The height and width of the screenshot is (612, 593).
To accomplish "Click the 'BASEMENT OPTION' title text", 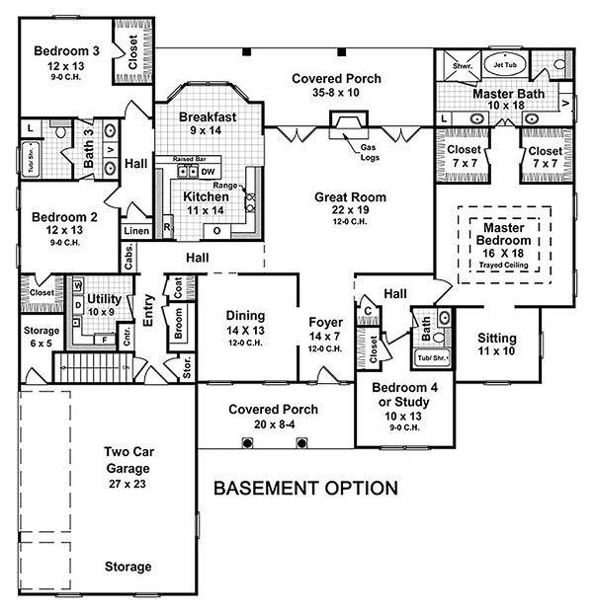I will click(306, 488).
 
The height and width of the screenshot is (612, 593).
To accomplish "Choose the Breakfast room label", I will click(209, 116).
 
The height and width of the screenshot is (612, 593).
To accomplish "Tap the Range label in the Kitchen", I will click(223, 186).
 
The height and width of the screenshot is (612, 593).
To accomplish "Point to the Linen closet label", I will click(135, 232).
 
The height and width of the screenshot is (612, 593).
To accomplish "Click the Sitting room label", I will click(496, 338).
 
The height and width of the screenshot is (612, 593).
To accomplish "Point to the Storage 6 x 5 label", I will click(41, 332).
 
